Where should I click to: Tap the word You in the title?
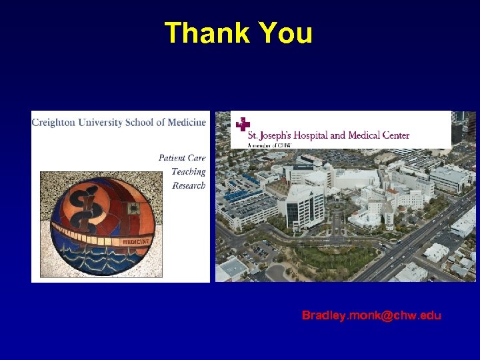285,33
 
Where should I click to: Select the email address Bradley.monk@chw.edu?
371,315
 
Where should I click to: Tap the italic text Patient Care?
182,158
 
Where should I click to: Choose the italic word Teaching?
189,171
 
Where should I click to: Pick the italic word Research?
189,185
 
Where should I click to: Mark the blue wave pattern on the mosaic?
100,260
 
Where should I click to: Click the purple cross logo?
242,124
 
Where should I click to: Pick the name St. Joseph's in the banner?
269,135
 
